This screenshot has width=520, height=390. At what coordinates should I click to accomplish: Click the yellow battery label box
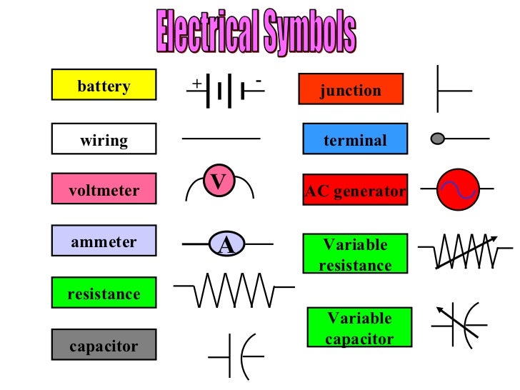click(104, 85)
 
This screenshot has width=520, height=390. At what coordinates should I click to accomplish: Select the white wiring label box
click(104, 139)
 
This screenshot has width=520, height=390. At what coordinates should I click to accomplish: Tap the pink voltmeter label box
click(104, 189)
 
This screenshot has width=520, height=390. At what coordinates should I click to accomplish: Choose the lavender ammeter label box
click(104, 241)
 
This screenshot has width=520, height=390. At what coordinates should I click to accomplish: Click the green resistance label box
click(104, 293)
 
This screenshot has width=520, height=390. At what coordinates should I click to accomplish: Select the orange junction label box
click(351, 89)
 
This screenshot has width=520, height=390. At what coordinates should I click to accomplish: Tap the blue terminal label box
click(355, 139)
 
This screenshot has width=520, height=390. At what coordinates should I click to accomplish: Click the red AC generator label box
click(355, 191)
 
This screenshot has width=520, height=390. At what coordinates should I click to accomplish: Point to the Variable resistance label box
click(355, 254)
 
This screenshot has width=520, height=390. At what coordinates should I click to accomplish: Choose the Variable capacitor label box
click(359, 328)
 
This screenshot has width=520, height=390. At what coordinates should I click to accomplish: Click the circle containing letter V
click(219, 181)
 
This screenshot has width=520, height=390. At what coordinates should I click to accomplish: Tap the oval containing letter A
click(226, 246)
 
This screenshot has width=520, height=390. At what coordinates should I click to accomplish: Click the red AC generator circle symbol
click(457, 189)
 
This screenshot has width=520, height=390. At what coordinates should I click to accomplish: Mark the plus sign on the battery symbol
click(196, 84)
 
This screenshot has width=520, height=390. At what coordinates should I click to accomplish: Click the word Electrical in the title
click(207, 31)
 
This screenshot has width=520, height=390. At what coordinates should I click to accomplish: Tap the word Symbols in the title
click(309, 31)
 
